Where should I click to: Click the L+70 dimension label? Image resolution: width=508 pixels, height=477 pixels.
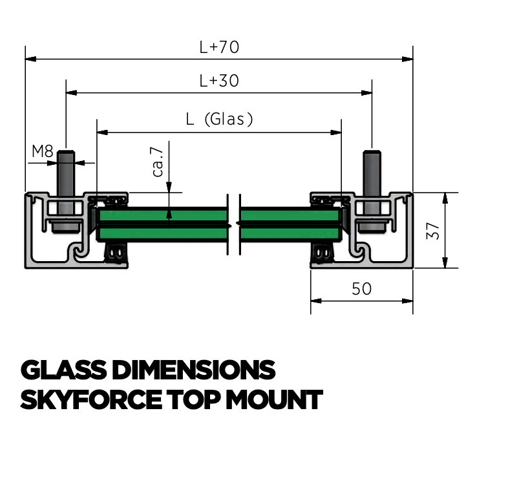point(219,47)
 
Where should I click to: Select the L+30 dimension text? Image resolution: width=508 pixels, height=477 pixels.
point(219,81)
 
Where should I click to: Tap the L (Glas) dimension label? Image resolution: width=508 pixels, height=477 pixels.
point(219,119)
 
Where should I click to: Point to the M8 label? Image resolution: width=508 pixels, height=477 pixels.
point(43,152)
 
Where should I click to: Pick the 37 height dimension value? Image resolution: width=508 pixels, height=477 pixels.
point(435,230)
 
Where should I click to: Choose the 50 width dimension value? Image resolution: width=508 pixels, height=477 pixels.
point(361,289)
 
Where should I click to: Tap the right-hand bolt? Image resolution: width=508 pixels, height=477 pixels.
point(372,187)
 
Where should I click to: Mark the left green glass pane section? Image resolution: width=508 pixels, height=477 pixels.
point(162,224)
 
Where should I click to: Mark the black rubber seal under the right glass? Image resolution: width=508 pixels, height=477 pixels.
point(323,254)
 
